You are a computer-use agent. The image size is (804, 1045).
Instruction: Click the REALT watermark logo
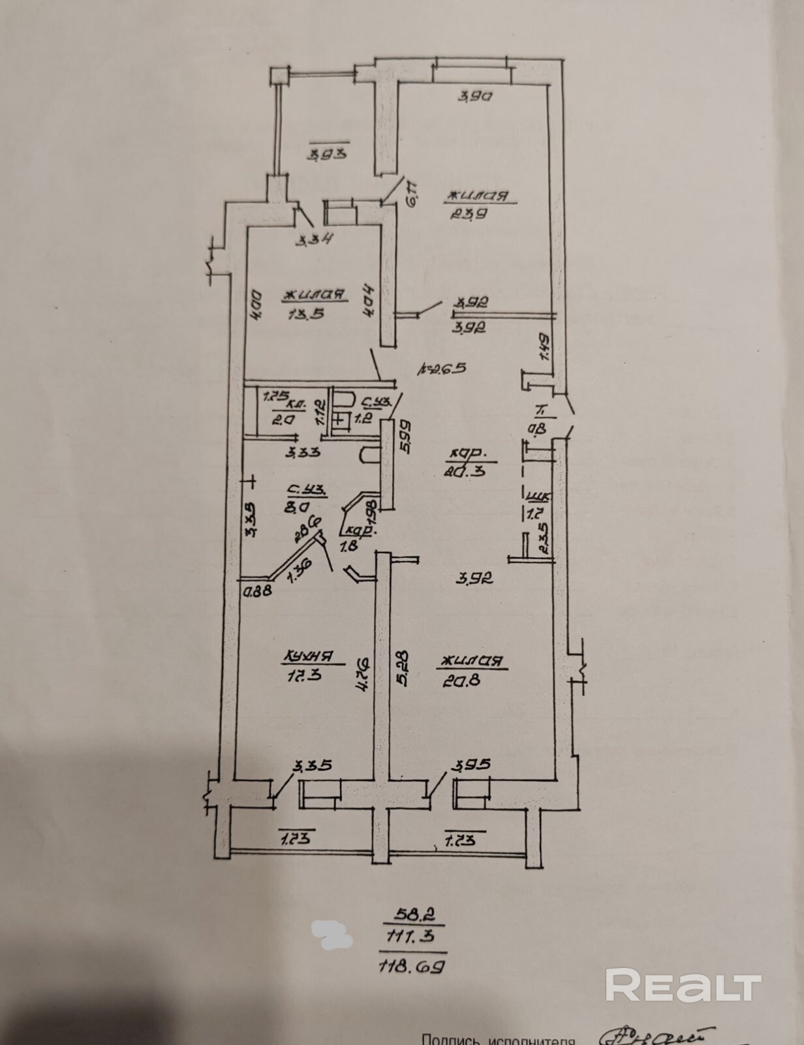tap(683, 984)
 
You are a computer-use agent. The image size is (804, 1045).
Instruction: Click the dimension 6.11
tap(413, 193)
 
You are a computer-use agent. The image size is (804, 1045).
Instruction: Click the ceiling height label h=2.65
tap(441, 368)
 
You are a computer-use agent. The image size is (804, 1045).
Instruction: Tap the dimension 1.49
tap(545, 344)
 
